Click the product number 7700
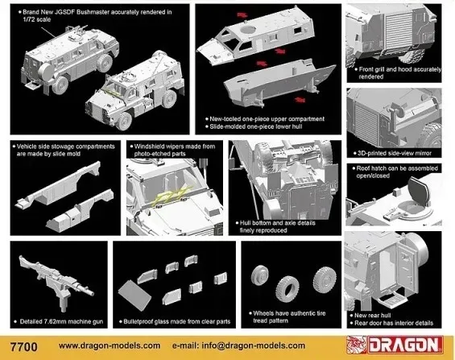pos(24,347)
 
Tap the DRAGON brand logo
pos(395,345)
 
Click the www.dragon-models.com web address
pos(110,346)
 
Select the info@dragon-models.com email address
pos(254,346)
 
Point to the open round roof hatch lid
pos(419,189)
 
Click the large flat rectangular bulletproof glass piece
pos(134,295)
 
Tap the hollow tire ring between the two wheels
pos(287,289)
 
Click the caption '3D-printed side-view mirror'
pos(395,153)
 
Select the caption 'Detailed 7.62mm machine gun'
pos(61,321)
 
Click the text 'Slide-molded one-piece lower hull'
pos(255,126)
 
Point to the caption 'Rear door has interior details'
pos(394,323)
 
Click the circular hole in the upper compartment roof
pos(248,29)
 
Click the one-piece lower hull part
pos(279,83)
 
